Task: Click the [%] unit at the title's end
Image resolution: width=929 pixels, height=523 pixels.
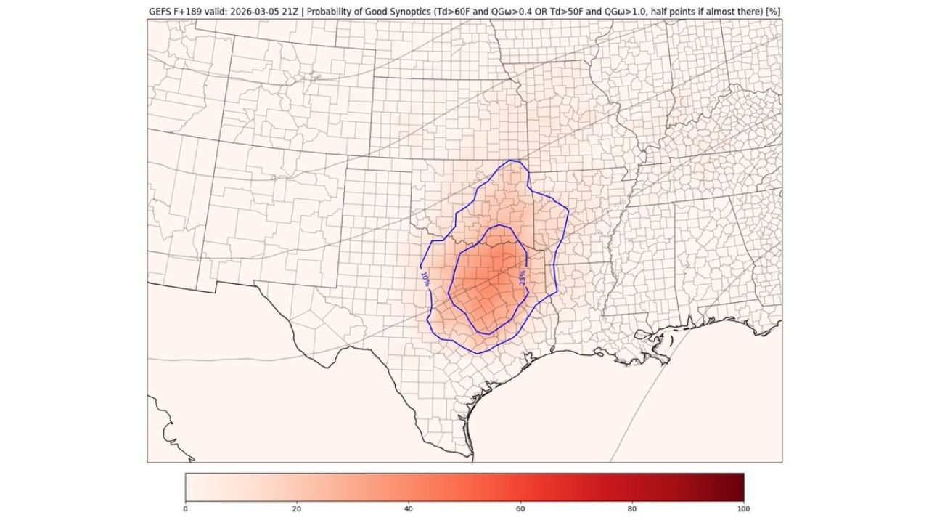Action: coord(773,12)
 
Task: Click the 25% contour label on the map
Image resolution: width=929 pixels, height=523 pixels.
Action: coord(522,277)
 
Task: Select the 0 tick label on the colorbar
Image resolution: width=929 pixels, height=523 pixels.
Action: coord(186,509)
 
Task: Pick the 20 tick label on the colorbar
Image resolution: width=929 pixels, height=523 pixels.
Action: coord(297,509)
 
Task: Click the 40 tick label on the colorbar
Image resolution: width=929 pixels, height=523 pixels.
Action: coord(409,509)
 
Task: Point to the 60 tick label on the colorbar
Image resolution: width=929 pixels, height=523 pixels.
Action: coord(520,509)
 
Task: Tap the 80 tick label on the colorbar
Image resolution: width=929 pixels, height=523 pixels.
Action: coord(632,509)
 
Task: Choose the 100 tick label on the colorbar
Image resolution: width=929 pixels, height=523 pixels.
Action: coord(743,509)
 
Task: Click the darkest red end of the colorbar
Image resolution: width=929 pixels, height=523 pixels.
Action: coord(740,487)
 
